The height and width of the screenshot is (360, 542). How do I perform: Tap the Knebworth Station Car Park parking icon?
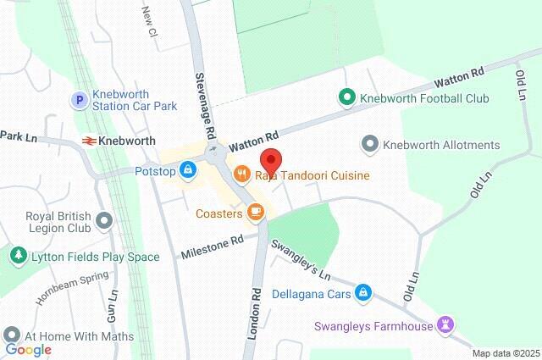(79, 99)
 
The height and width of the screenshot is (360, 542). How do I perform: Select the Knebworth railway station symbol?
(88, 140)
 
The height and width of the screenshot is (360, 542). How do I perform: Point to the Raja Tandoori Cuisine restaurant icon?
(241, 175)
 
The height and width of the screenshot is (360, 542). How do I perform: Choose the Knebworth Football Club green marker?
(346, 98)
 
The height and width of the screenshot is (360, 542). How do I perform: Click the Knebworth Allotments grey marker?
(369, 145)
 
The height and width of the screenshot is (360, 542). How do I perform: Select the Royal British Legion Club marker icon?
(104, 222)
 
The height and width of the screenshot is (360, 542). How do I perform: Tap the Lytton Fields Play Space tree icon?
(17, 256)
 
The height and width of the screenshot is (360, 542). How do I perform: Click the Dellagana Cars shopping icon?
(362, 292)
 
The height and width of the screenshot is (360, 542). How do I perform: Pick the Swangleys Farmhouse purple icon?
(445, 325)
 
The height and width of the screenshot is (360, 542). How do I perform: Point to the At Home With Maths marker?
(11, 335)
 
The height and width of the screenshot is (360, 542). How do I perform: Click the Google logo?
(29, 350)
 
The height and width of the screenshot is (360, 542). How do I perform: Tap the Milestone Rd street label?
(213, 246)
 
